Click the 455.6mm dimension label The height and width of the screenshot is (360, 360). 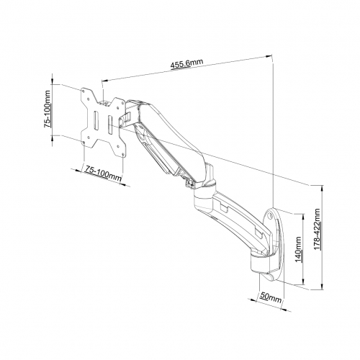click(186, 63)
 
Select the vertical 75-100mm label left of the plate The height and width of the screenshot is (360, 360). click(48, 109)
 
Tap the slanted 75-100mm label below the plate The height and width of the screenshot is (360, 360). click(103, 174)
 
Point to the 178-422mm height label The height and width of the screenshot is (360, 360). click(318, 229)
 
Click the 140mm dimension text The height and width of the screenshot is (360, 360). click(299, 250)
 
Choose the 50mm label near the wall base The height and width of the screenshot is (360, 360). click(270, 297)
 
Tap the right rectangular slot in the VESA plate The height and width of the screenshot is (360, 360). click(110, 125)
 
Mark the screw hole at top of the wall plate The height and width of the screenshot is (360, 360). click(270, 215)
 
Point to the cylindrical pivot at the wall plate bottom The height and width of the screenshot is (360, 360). click(258, 264)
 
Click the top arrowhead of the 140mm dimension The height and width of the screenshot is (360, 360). click(304, 217)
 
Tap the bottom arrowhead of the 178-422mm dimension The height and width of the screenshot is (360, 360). click(322, 287)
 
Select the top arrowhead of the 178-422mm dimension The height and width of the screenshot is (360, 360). click(322, 188)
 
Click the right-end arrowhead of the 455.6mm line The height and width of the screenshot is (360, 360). click(269, 56)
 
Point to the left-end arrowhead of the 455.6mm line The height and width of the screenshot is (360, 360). click(105, 81)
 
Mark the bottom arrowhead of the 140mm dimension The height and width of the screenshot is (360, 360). click(304, 282)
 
